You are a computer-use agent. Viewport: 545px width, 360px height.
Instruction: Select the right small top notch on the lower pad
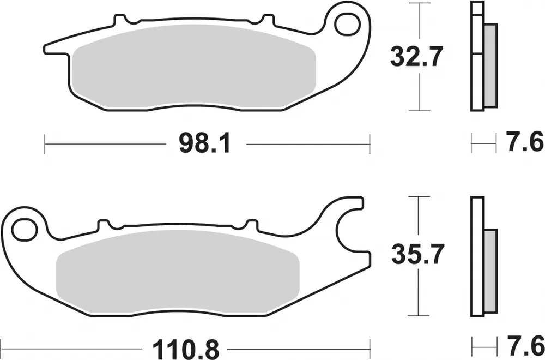point(252,224)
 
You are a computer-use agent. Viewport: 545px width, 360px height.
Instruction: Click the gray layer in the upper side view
point(490,65)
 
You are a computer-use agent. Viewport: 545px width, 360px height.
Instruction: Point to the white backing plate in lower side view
point(477,256)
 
